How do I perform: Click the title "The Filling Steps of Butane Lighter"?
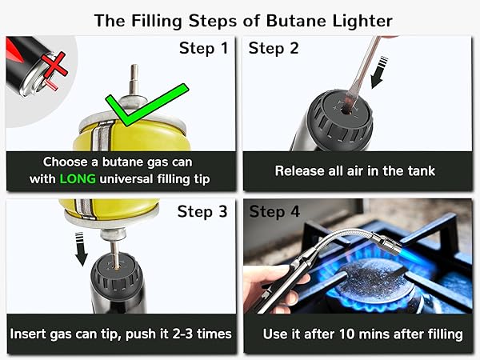(x=239, y=20)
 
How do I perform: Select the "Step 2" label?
(x=274, y=49)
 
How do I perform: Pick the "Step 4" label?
(x=274, y=212)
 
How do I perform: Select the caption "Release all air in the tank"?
(x=354, y=170)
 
